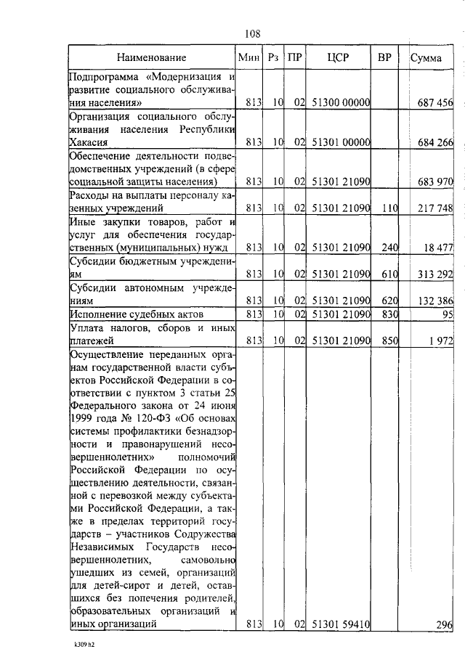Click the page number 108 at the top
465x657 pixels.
coord(252,33)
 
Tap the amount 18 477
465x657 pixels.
coord(438,248)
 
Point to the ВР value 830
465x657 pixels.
coord(390,314)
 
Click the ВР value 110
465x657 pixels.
coord(390,209)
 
